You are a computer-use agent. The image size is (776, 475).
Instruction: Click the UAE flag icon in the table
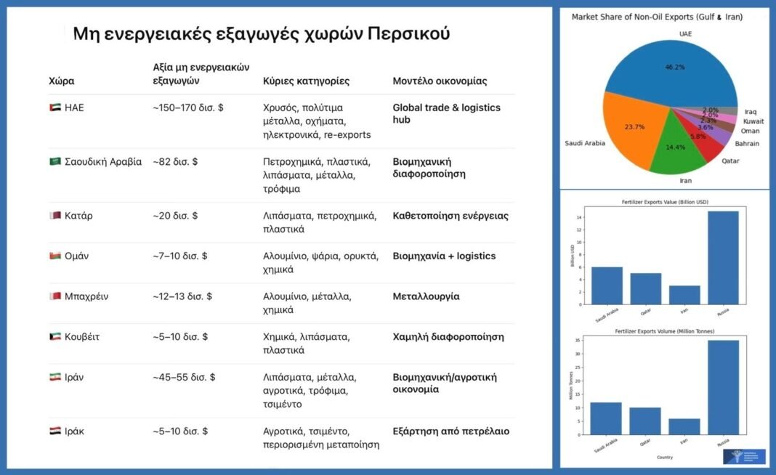(x=54, y=107)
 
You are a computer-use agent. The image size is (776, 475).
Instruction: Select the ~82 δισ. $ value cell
(x=175, y=161)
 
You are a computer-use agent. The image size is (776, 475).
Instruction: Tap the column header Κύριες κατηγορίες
(x=306, y=81)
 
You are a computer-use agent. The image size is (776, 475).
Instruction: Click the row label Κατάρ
(x=78, y=216)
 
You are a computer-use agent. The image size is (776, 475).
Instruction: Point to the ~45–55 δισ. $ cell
(x=184, y=377)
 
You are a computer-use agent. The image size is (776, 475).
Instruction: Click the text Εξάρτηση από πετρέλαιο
(x=450, y=431)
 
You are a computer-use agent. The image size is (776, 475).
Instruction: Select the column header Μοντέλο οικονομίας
(x=440, y=81)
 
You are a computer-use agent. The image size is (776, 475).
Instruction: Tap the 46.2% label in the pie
(x=675, y=67)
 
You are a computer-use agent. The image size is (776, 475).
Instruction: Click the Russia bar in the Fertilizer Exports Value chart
(x=723, y=258)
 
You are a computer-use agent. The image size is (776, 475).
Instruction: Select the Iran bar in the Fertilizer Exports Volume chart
(x=684, y=426)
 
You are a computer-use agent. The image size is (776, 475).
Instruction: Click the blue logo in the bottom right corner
(x=744, y=456)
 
